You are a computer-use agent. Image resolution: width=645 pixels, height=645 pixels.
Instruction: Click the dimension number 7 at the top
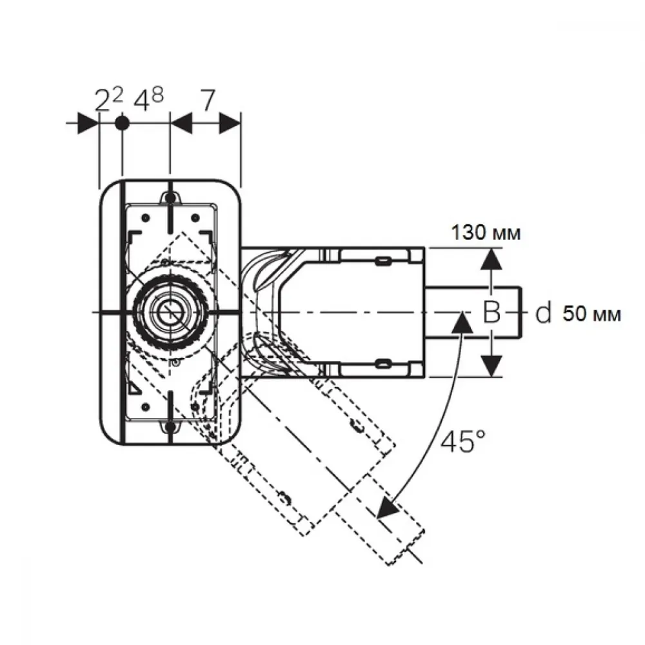[208, 101]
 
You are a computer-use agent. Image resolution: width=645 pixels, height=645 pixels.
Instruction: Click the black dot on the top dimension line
[121, 123]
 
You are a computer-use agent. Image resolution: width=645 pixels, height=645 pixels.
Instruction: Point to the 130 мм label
[486, 233]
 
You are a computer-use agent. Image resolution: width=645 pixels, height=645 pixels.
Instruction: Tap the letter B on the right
[491, 312]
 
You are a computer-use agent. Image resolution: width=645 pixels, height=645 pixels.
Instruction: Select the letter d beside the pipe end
[543, 313]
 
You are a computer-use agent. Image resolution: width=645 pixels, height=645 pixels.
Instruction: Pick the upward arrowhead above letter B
[491, 259]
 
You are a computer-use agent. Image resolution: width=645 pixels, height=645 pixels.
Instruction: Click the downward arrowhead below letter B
[491, 366]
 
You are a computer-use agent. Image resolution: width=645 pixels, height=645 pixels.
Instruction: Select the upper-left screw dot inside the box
[144, 217]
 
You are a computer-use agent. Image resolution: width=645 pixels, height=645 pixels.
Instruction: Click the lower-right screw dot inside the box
[195, 407]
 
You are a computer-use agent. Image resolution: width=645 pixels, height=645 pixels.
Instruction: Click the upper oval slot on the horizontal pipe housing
[382, 261]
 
